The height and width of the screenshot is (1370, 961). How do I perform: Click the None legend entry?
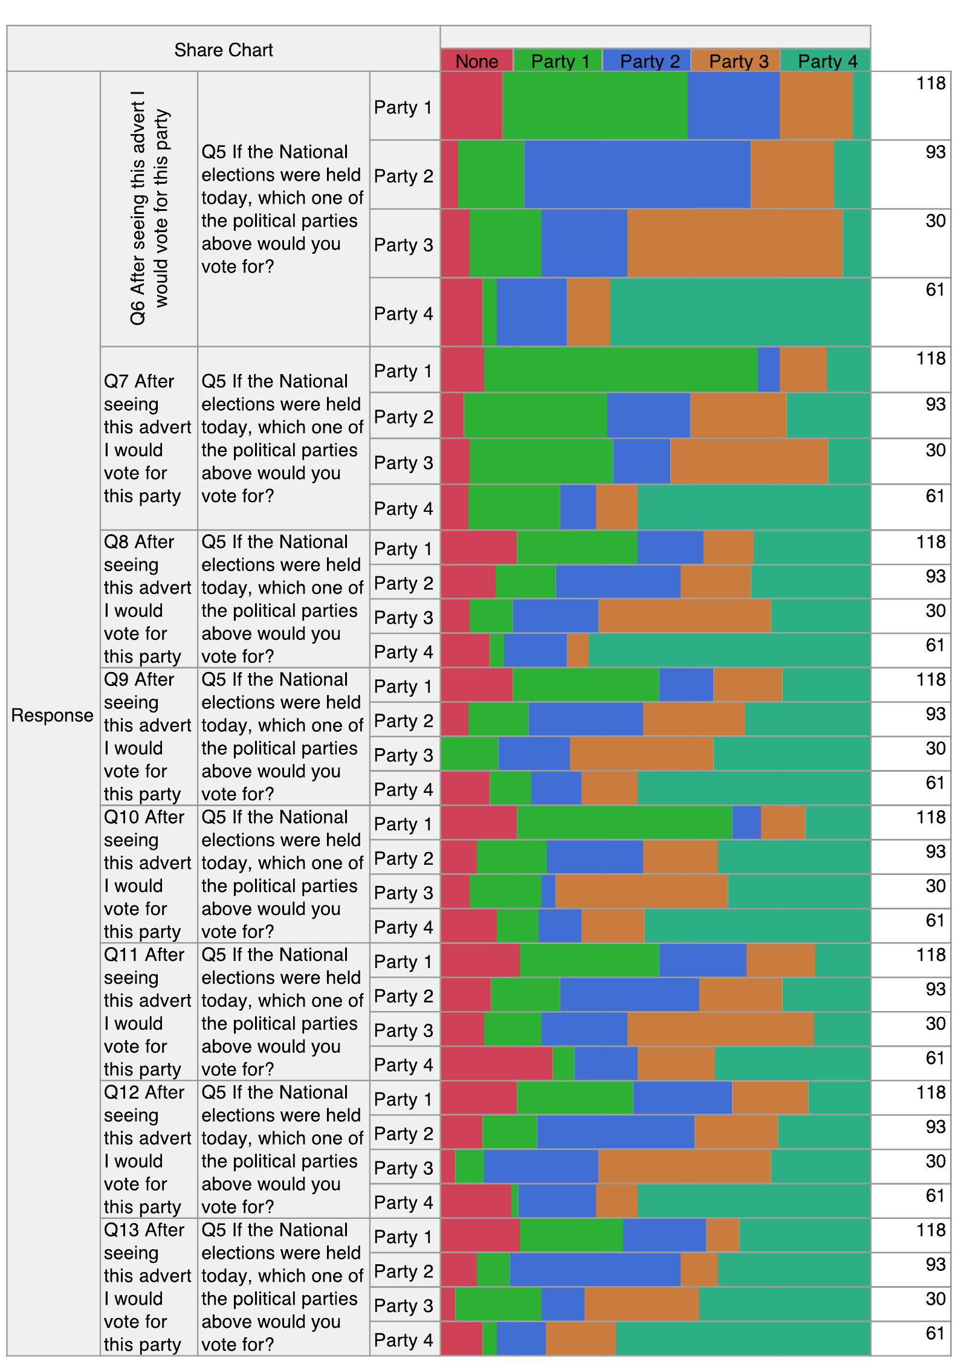[477, 61]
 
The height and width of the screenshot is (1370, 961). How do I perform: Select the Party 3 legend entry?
[738, 61]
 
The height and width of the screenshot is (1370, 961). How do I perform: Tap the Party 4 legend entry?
[827, 61]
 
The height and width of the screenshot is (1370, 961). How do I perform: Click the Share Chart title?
[224, 50]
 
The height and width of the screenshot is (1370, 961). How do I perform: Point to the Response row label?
[53, 715]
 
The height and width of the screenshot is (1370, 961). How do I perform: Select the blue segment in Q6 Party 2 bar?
[638, 175]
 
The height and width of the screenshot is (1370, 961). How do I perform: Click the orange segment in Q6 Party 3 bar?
[735, 244]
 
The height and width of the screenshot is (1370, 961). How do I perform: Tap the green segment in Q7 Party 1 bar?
[621, 369]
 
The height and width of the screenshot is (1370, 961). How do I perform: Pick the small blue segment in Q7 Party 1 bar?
[769, 369]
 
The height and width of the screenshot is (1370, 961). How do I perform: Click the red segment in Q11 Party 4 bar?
[497, 1064]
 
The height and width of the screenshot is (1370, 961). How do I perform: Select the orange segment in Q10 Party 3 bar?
[642, 891]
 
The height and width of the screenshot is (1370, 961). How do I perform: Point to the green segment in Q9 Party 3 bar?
[470, 754]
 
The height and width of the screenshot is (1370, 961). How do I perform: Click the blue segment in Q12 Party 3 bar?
[542, 1167]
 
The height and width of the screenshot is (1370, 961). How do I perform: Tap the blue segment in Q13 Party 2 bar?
[595, 1270]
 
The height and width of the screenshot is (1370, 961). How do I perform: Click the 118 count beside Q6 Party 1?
[930, 83]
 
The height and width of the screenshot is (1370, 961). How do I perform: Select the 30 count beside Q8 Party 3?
[935, 610]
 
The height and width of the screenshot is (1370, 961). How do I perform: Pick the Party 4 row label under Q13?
[404, 1340]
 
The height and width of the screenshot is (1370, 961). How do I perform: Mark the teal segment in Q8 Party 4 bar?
[730, 651]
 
